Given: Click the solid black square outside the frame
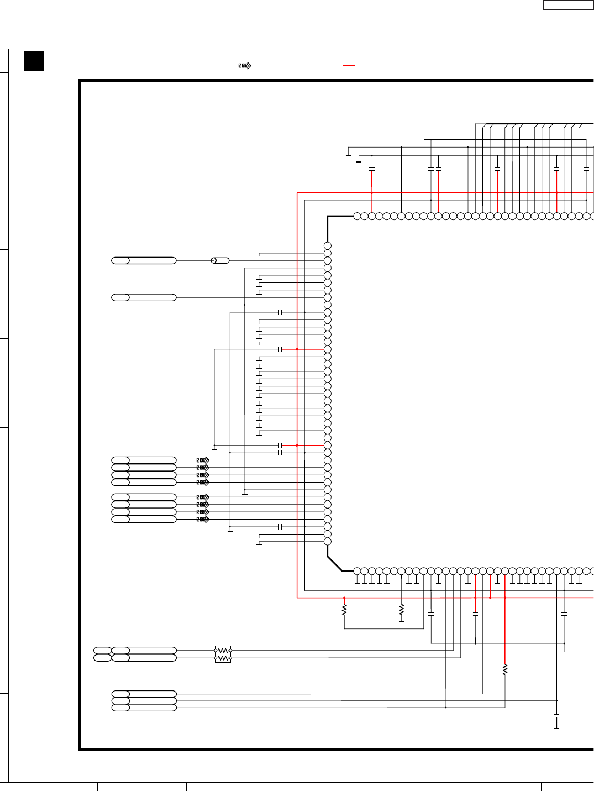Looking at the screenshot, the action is (34, 61).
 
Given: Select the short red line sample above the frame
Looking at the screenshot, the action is (349, 66).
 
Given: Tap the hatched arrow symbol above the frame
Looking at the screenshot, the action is (245, 66).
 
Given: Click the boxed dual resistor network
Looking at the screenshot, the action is (223, 654).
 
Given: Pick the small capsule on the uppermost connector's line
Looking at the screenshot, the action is (220, 260).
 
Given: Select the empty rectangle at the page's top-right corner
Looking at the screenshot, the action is (568, 5).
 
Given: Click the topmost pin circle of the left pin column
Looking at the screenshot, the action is (328, 246).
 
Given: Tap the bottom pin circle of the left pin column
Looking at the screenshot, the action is (328, 542).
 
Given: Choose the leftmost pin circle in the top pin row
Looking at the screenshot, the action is (357, 216).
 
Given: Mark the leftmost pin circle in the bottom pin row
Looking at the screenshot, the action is (357, 571).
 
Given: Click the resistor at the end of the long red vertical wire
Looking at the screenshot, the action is (505, 670).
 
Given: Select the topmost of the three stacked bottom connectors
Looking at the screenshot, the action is (144, 694).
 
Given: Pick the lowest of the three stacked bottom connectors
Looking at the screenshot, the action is (144, 708).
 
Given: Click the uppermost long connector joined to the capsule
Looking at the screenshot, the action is (144, 260).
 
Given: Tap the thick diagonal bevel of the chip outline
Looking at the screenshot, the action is (334, 564).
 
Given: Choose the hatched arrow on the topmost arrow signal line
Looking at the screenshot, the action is (203, 460).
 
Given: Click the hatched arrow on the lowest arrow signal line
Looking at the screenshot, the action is (203, 520).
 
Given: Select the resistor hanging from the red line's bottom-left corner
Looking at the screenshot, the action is (344, 610).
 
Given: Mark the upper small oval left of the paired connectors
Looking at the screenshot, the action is (102, 651).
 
